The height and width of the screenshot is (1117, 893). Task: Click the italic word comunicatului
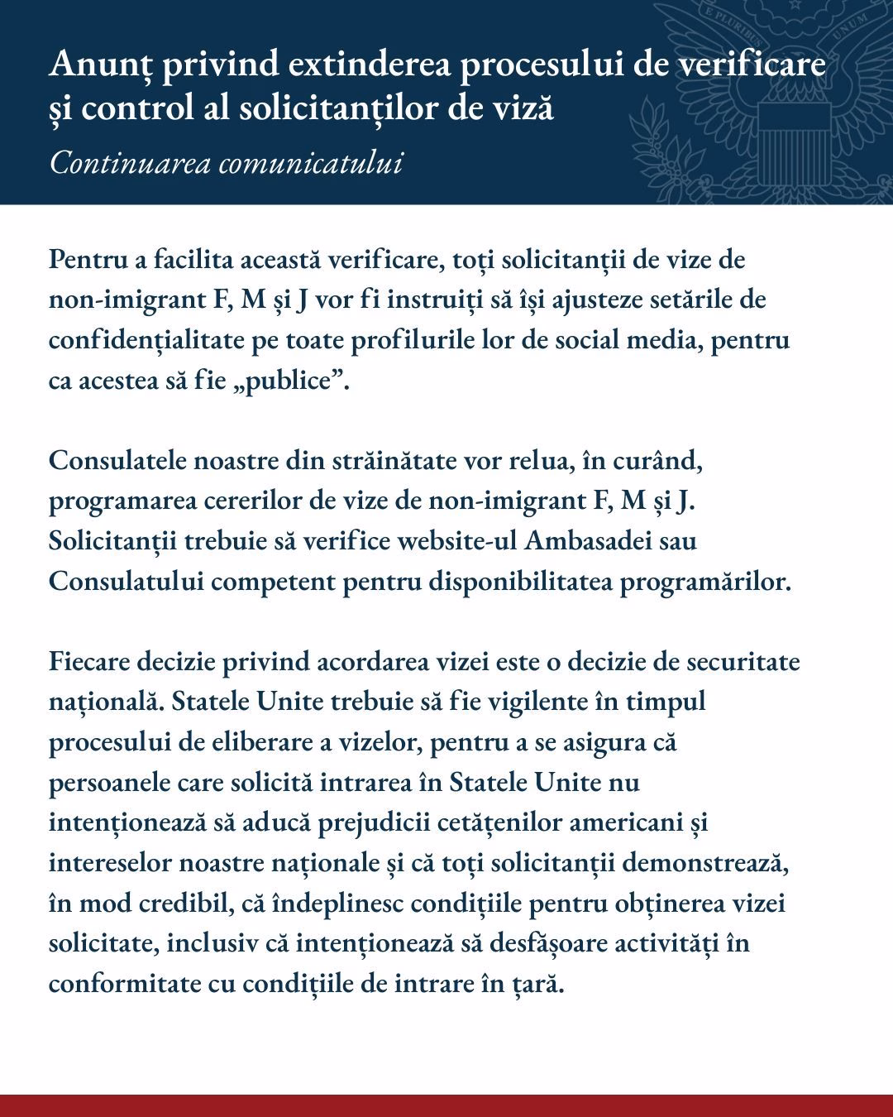(x=311, y=163)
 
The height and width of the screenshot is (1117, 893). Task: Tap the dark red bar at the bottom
(x=446, y=1105)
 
